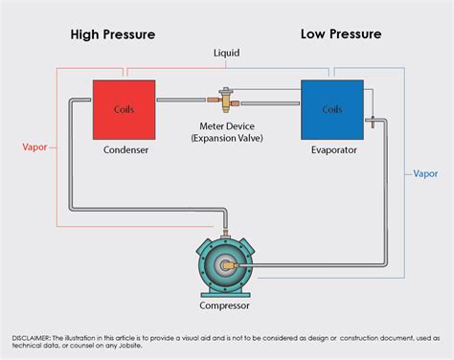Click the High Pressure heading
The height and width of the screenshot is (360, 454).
coord(113,34)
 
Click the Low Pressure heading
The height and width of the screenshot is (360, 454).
coord(340,34)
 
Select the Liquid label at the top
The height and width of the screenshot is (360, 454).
coord(226,55)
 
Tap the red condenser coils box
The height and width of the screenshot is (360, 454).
coord(125,108)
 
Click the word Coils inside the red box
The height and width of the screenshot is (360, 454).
coord(125,108)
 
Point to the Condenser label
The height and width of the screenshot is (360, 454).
coord(125,150)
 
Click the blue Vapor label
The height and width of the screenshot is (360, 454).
coord(425,174)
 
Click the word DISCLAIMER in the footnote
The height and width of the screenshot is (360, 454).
coord(34,338)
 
